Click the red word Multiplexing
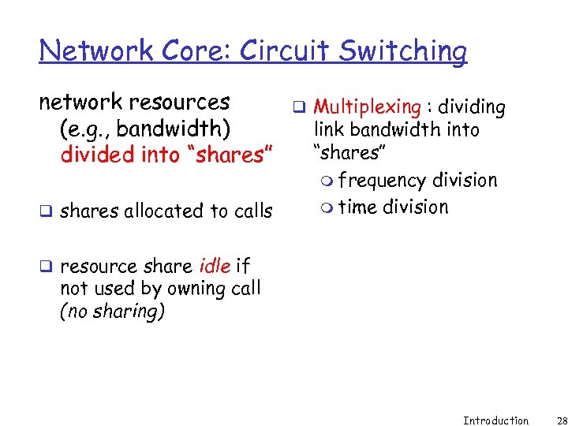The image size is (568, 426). [x=367, y=107]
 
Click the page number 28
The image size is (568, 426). [x=551, y=420]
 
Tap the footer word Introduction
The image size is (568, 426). [x=495, y=420]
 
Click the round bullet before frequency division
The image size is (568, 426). [x=327, y=181]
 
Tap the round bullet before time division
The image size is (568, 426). [x=327, y=208]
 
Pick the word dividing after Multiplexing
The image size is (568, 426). [x=472, y=107]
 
